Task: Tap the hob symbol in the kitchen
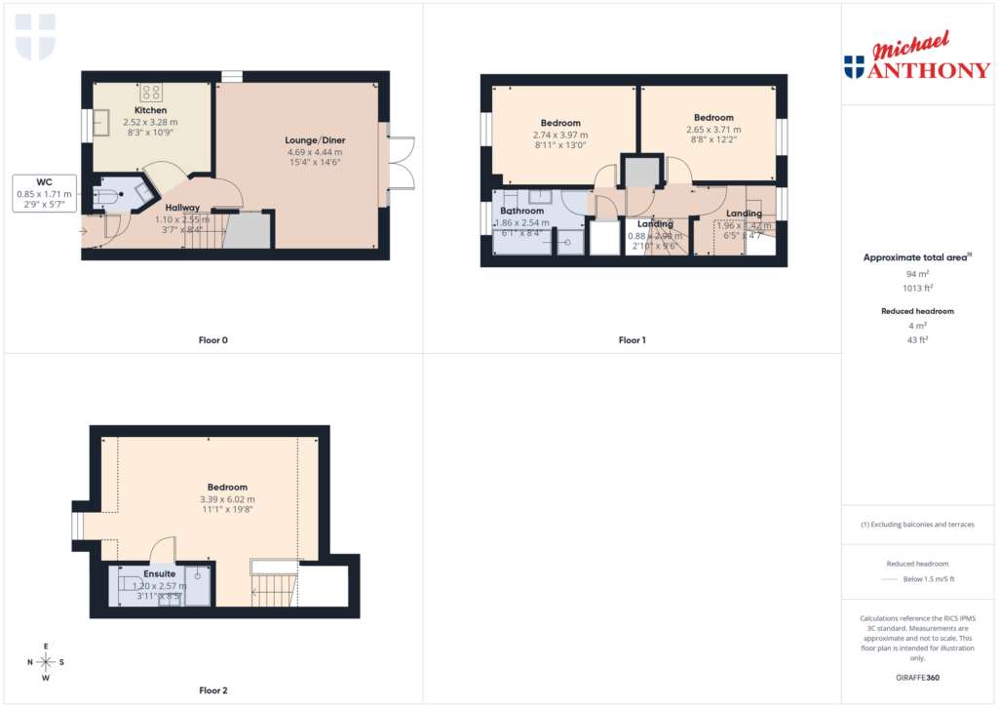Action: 152,93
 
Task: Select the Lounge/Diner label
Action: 315,140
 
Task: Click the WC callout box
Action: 44,193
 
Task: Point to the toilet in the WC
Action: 108,195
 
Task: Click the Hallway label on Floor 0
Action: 182,208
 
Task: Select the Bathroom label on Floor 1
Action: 521,211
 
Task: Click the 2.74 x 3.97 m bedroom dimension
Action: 560,135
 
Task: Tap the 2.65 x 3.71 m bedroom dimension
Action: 712,129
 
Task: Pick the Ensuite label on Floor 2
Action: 160,574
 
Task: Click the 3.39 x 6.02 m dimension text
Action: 227,499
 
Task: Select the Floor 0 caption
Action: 211,340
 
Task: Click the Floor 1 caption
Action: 632,340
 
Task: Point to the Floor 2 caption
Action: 212,690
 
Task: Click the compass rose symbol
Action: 46,662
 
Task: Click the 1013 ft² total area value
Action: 917,288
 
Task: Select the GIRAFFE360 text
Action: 918,677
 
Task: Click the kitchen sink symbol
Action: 101,125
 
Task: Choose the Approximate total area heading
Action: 916,257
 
